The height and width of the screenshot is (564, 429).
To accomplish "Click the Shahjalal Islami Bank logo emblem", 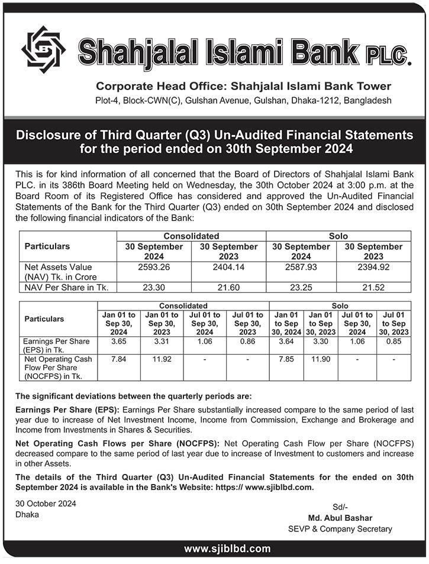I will [x=44, y=50].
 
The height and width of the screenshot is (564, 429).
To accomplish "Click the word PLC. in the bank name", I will [x=389, y=55].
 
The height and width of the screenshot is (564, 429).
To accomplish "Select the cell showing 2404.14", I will [x=228, y=267].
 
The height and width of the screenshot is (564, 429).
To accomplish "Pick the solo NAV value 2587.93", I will [x=301, y=267].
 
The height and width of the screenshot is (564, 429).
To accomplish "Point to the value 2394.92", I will [x=373, y=267].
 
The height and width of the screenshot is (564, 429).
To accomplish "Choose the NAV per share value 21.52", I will [x=373, y=287].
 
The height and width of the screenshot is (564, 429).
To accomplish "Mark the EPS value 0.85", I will [x=394, y=342].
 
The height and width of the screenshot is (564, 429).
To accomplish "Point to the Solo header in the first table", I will [x=338, y=236].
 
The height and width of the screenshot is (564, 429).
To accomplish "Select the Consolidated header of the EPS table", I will [x=183, y=305].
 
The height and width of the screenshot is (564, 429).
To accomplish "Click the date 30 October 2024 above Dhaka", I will [x=46, y=503].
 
